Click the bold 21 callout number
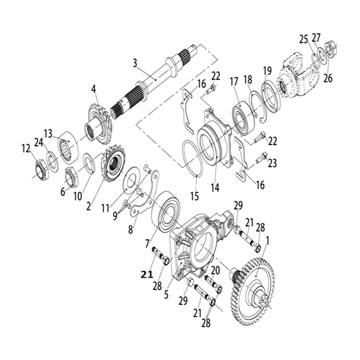point(147,274)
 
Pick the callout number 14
point(215,187)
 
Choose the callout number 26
point(328,77)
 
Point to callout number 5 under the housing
point(166,295)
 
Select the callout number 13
point(48,133)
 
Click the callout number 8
point(130,229)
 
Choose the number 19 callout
point(267,70)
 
